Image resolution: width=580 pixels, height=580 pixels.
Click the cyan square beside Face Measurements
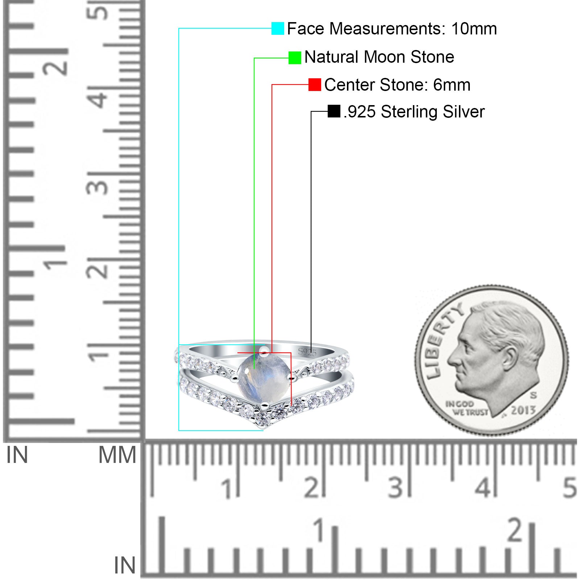click(278, 28)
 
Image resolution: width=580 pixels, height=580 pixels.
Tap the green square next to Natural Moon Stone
click(295, 58)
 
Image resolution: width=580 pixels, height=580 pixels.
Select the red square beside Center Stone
click(315, 85)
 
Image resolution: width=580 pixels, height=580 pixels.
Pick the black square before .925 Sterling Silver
click(334, 111)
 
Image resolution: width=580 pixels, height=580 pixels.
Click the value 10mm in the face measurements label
click(474, 29)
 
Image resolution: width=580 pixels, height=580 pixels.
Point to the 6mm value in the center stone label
click(452, 85)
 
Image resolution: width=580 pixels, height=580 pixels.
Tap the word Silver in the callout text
click(463, 112)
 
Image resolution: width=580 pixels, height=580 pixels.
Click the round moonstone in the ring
click(264, 378)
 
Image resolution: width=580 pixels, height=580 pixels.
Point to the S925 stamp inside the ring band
click(307, 352)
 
